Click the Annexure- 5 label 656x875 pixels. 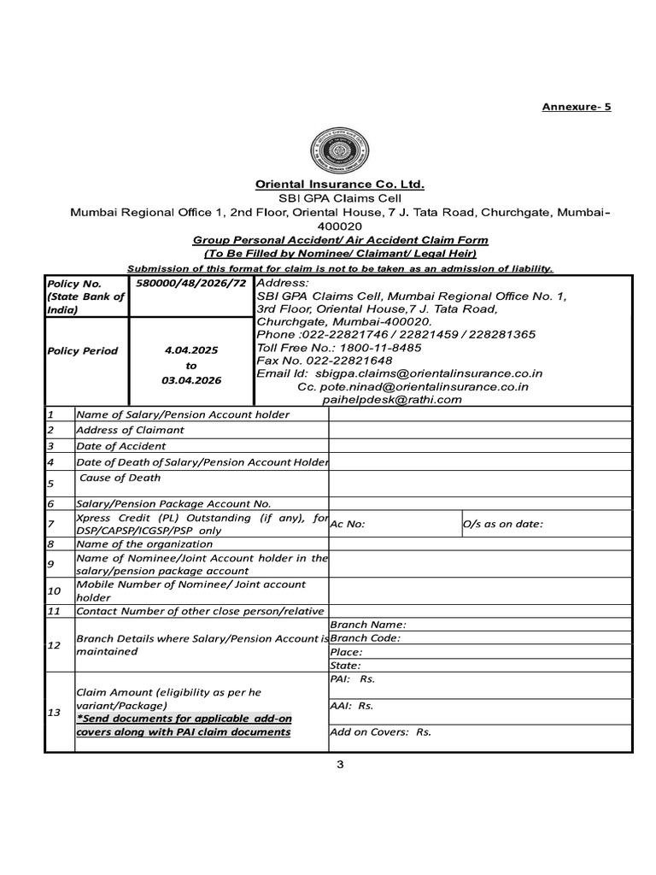577,107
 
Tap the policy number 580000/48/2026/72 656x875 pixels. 190,283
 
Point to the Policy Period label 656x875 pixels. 83,351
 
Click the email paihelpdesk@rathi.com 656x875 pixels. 392,399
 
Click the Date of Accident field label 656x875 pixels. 121,446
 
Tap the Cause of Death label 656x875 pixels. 120,479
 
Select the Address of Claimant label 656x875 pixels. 130,430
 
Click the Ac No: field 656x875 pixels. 348,525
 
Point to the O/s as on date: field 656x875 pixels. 502,525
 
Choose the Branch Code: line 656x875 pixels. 365,638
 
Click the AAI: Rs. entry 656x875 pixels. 352,707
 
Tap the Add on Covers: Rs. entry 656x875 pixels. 380,732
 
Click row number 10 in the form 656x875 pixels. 55,590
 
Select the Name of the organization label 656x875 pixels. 140,543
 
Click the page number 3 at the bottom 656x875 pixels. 339,764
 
